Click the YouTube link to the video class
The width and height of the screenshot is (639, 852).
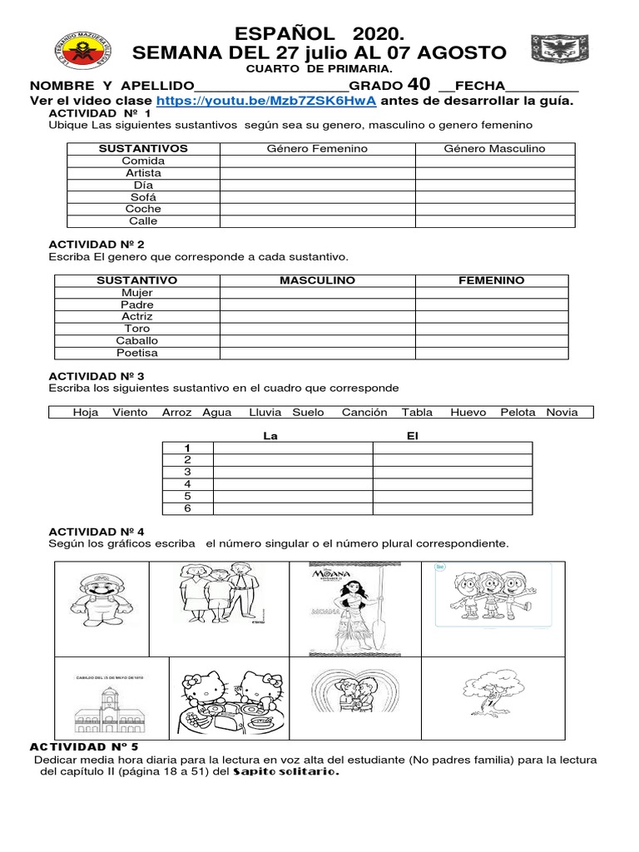pyautogui.click(x=266, y=101)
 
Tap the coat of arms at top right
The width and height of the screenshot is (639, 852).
pyautogui.click(x=553, y=50)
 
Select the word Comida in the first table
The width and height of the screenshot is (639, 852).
pyautogui.click(x=143, y=161)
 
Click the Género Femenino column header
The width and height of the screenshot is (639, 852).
pyautogui.click(x=317, y=148)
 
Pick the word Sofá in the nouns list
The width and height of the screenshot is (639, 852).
pyautogui.click(x=143, y=197)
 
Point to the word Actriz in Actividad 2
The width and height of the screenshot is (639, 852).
pyautogui.click(x=137, y=316)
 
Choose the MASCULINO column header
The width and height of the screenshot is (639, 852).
pyautogui.click(x=317, y=280)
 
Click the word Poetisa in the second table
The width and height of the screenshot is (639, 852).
pyautogui.click(x=137, y=353)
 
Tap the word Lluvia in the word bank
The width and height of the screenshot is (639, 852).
pyautogui.click(x=265, y=412)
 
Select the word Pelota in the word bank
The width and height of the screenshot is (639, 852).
pyautogui.click(x=518, y=412)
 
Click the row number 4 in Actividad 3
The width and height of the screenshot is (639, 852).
pyautogui.click(x=187, y=483)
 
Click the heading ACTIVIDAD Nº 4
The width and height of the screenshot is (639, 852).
pyautogui.click(x=97, y=531)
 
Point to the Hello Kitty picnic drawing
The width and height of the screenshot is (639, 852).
pyautogui.click(x=229, y=695)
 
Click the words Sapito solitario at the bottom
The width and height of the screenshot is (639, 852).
pyautogui.click(x=298, y=771)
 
